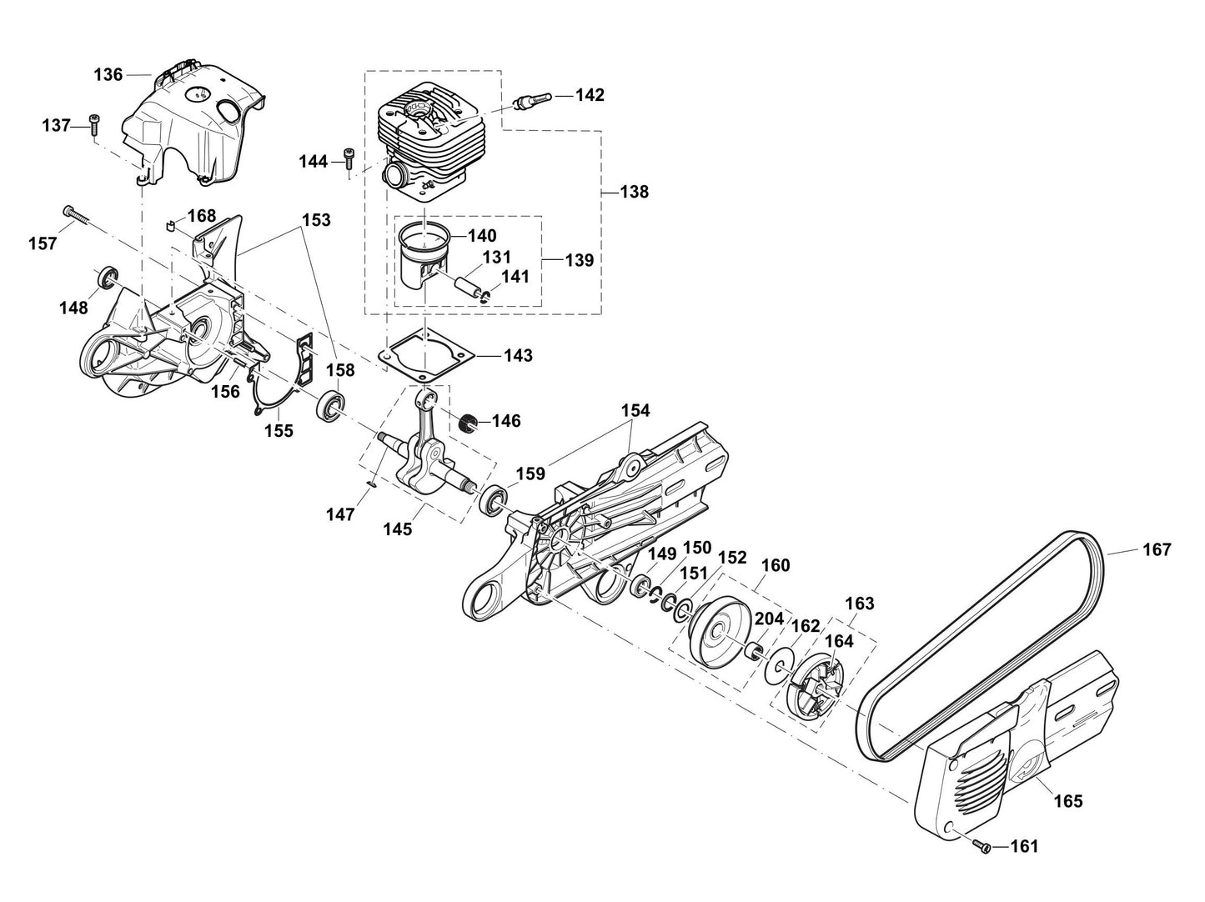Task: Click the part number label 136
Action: tap(108, 75)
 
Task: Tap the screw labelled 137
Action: tap(93, 125)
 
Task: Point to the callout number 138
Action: tap(635, 192)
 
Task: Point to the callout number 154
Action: tap(635, 411)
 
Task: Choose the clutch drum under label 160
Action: tap(715, 631)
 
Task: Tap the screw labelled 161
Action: tap(982, 846)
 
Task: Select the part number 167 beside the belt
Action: tap(1157, 550)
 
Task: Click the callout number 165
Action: tap(1068, 801)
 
